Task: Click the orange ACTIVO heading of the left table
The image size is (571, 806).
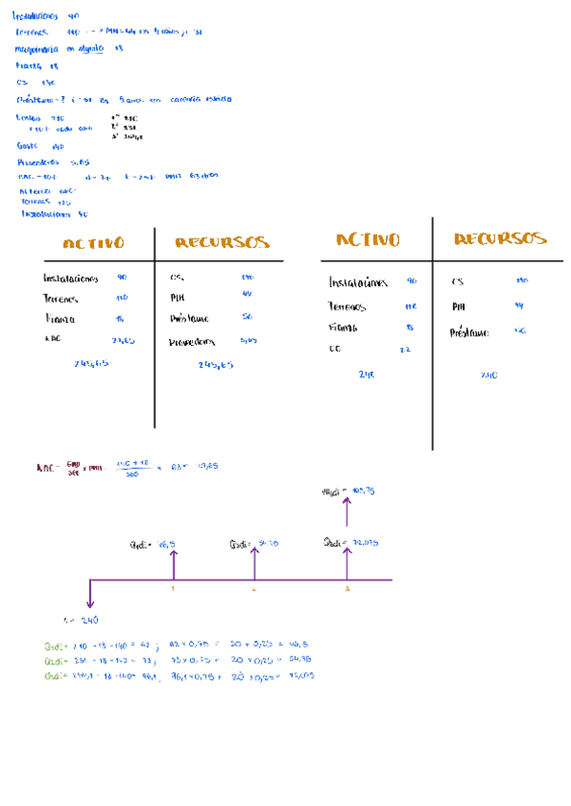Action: [93, 243]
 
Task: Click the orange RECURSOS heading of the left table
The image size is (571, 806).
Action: [221, 243]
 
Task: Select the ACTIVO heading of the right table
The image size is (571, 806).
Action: [368, 240]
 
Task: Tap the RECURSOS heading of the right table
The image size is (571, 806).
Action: [500, 239]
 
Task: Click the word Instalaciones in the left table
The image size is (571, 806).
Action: [70, 278]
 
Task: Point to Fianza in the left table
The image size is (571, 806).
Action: [59, 319]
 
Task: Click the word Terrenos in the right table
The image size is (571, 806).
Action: [347, 307]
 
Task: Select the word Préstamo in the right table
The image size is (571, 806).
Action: [469, 333]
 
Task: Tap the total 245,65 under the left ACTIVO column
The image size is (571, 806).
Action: [90, 363]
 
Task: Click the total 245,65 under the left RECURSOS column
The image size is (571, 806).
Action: [216, 364]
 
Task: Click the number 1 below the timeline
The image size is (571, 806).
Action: [173, 589]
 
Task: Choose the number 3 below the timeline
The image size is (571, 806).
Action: [347, 589]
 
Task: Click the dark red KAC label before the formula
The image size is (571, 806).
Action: [45, 468]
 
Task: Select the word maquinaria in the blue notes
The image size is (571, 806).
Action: [39, 48]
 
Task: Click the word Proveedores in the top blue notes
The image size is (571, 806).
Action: [37, 163]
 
